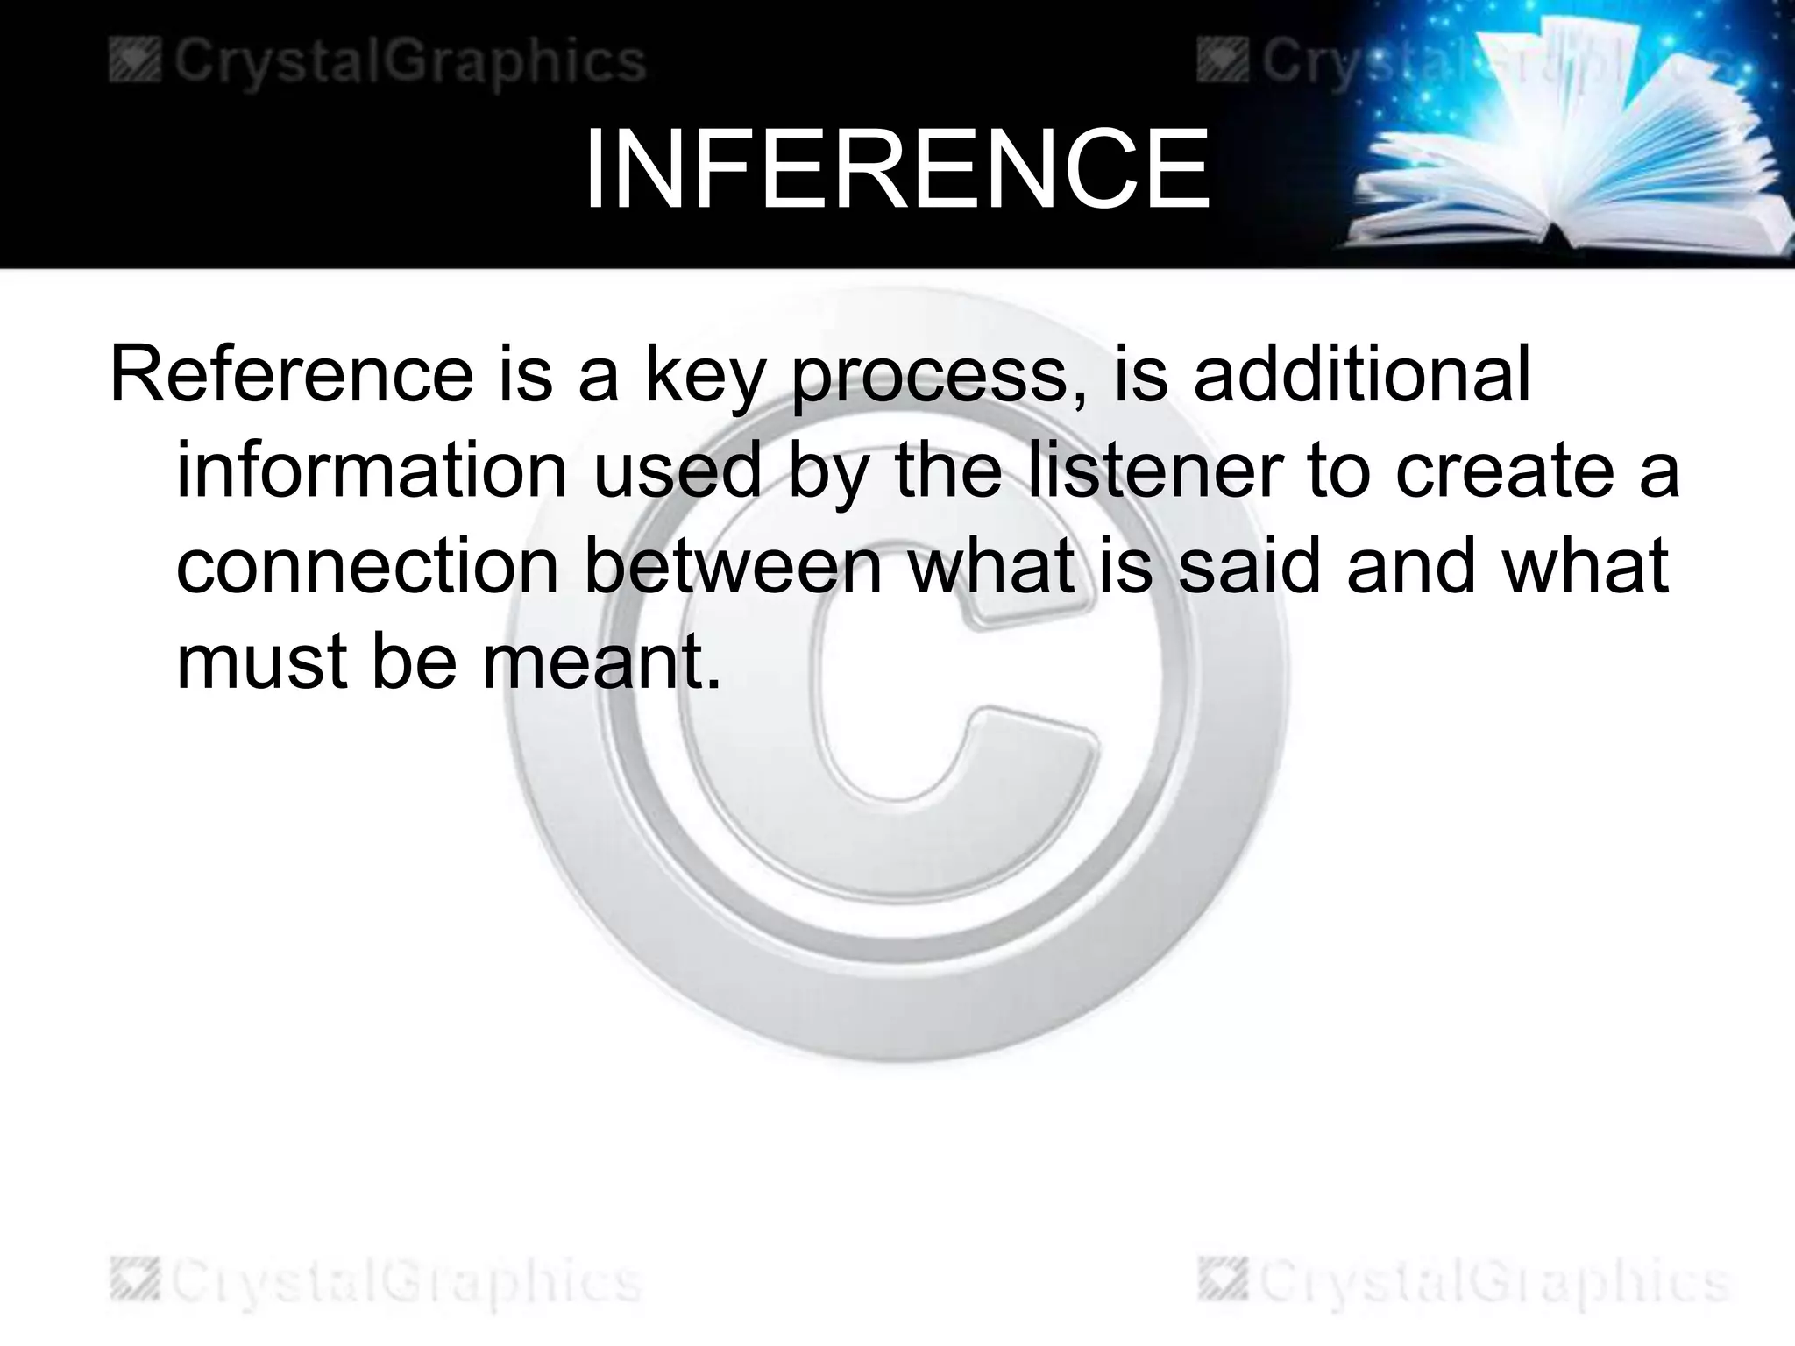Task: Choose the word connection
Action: tap(367, 567)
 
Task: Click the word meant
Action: tap(601, 662)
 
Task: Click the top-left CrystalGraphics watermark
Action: tap(378, 61)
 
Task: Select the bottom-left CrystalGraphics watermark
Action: tap(376, 1282)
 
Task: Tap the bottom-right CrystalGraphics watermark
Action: tap(1463, 1282)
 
